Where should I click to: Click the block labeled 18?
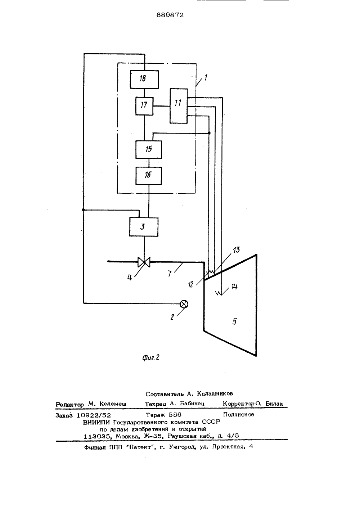(144, 79)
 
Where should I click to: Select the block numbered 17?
(144, 106)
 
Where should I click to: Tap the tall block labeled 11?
(179, 106)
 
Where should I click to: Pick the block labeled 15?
(149, 149)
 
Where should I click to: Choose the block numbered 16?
(149, 176)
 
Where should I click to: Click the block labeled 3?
(144, 227)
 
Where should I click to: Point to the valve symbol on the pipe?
(144, 262)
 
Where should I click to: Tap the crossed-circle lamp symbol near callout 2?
(184, 304)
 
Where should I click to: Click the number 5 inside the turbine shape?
(235, 321)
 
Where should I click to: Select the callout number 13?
(236, 250)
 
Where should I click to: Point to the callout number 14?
(234, 287)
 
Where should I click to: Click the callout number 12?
(190, 284)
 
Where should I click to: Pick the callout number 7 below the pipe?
(170, 274)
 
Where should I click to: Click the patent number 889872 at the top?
(170, 15)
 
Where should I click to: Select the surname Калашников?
(215, 393)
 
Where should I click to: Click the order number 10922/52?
(94, 415)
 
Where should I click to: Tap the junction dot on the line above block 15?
(209, 133)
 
